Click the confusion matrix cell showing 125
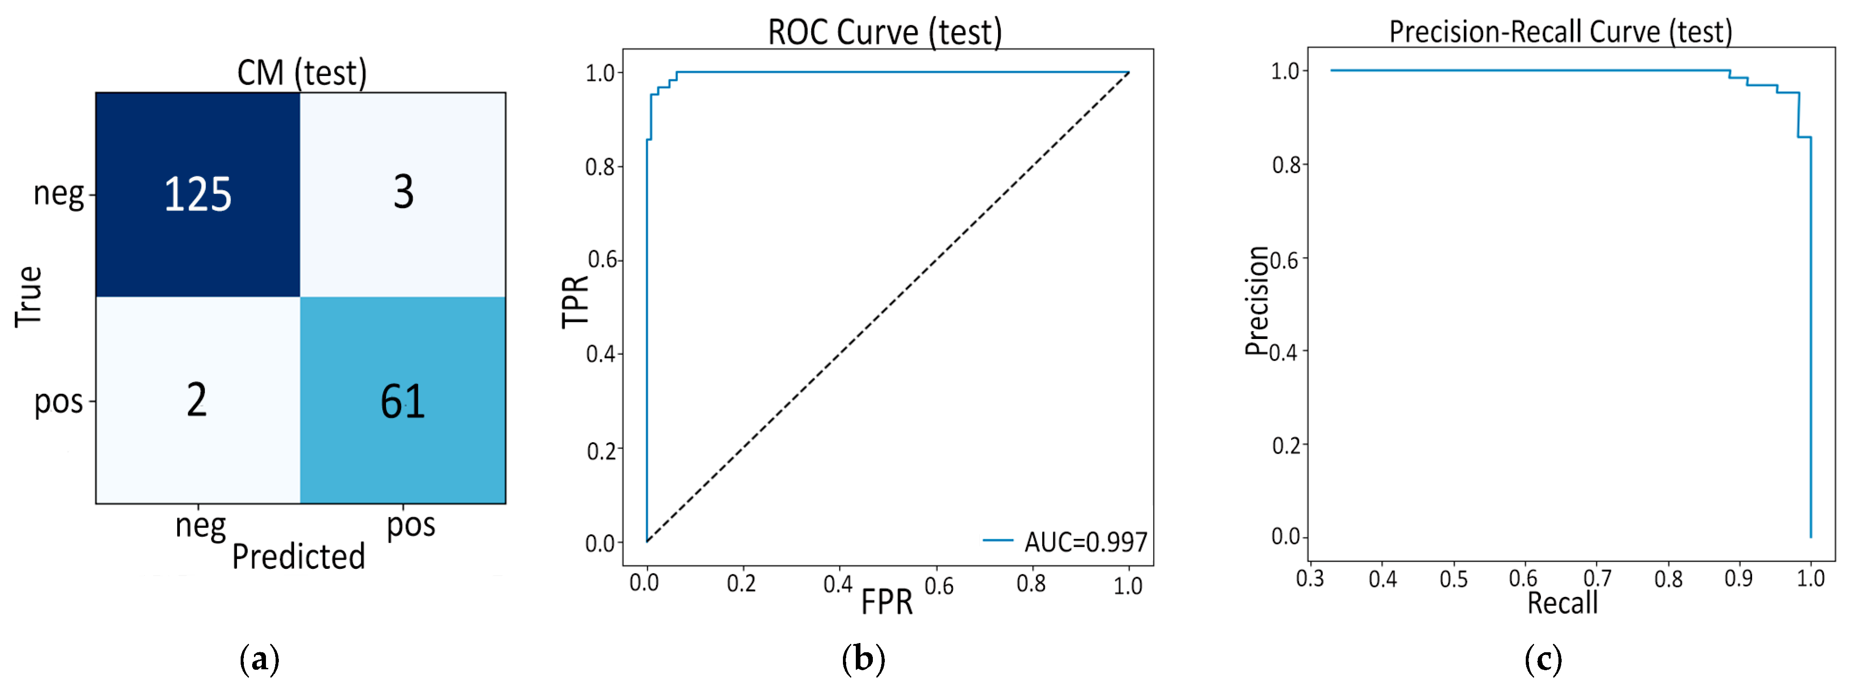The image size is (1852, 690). (198, 194)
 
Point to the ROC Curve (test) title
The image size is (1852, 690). (884, 32)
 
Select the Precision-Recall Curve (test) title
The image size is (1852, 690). (1560, 32)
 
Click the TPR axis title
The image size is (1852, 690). (575, 302)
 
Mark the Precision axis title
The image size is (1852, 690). (1257, 301)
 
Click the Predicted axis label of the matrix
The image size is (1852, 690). (298, 556)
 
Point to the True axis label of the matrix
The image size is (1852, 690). (29, 297)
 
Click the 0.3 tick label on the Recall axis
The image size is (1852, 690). (1310, 579)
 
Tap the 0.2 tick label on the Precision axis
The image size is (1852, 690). (1286, 446)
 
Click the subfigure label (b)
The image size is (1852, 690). (863, 659)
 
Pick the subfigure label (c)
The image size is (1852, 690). (1543, 659)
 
